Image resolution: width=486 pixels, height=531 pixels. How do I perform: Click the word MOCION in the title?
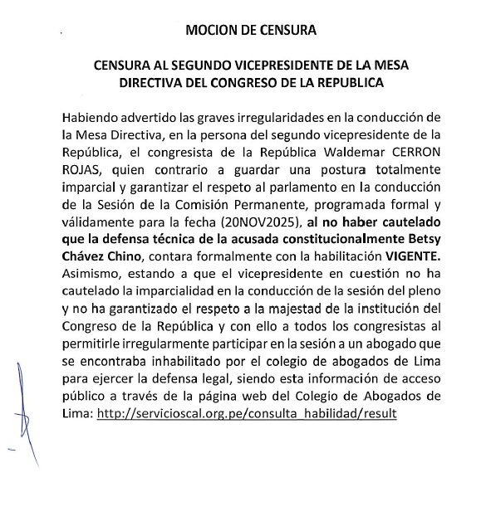coord(212,32)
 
